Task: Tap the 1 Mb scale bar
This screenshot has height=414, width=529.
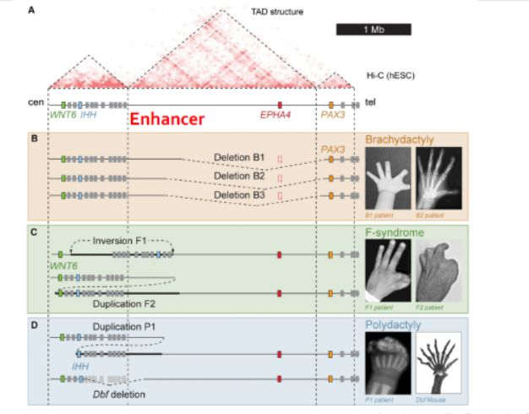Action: click(374, 30)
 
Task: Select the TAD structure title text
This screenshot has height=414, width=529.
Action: click(277, 12)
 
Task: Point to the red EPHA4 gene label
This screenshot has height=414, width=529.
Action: click(275, 115)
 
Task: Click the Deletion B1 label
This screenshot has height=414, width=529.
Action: click(239, 157)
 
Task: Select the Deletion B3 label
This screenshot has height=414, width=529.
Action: click(239, 195)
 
